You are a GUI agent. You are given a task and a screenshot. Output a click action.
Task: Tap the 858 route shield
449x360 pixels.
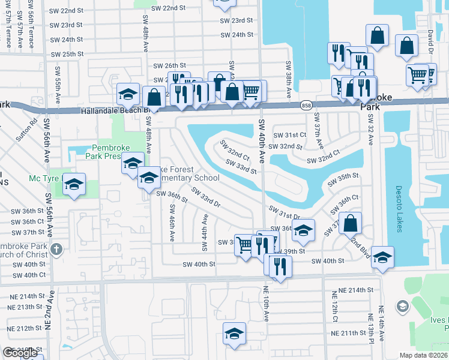(306, 104)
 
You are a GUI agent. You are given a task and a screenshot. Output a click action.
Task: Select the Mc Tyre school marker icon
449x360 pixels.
(74, 184)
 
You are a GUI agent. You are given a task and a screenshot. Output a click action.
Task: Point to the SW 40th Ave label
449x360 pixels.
(261, 141)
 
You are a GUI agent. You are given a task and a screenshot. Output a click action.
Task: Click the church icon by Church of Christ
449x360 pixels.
(57, 249)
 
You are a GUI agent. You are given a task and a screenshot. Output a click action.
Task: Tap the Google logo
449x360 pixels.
(20, 353)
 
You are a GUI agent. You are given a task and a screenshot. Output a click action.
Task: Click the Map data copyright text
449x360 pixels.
(424, 355)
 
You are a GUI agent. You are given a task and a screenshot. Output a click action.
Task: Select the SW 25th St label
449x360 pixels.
(67, 54)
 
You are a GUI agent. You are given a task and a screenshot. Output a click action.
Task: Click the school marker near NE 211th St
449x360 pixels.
(235, 334)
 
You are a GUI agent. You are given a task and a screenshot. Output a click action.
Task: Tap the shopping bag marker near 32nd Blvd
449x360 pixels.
(351, 223)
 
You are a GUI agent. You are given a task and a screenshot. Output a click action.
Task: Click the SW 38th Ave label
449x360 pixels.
(289, 80)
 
